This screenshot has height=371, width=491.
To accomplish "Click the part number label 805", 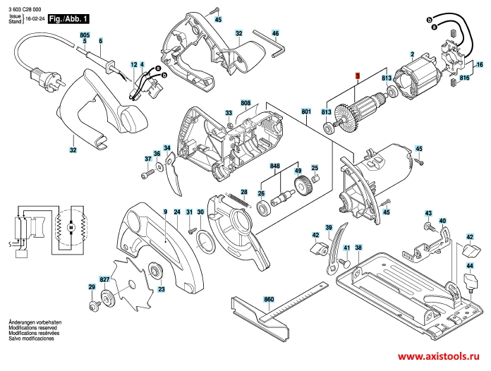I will click(85, 35).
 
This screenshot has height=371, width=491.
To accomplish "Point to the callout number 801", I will click(305, 111).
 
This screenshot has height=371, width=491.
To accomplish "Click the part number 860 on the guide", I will click(268, 300).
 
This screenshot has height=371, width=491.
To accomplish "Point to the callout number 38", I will click(358, 248).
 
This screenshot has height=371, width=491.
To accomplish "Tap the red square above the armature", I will click(357, 75).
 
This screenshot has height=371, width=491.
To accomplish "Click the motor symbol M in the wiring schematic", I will click(71, 229).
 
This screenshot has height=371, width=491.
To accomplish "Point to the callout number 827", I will click(104, 280).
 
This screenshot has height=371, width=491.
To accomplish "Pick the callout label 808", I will click(245, 104).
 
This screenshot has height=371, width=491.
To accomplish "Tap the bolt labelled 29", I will click(93, 305).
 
